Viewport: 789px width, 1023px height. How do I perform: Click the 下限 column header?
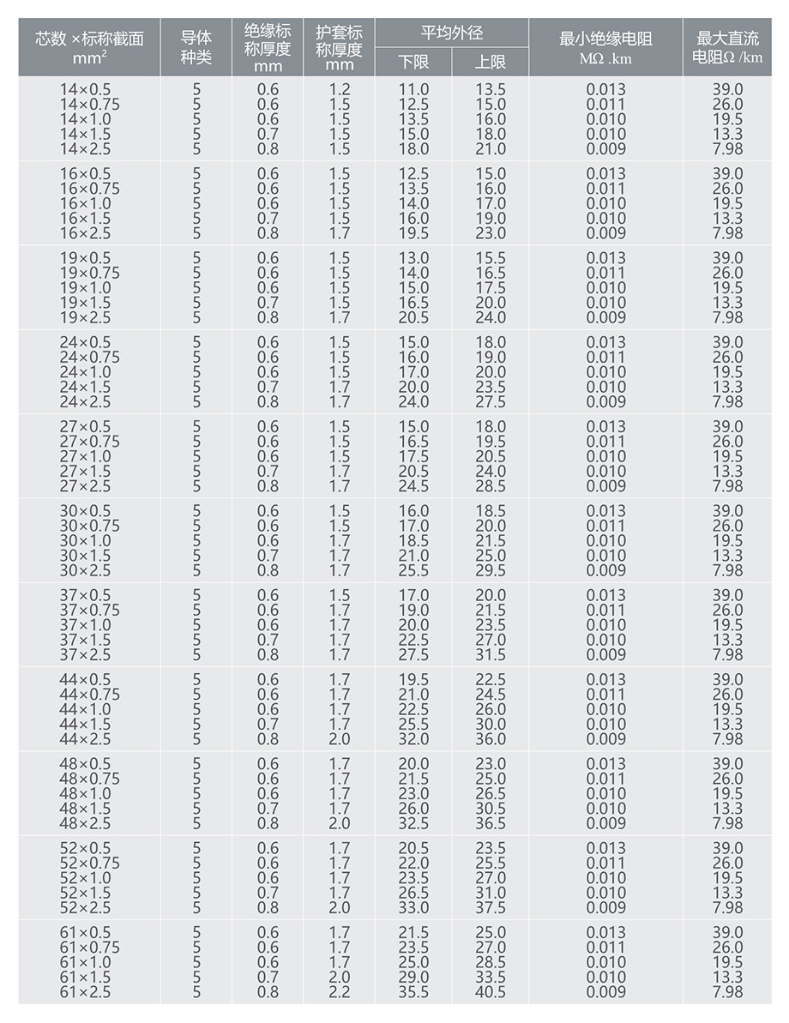(x=413, y=62)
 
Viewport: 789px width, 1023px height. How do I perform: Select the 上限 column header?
(x=490, y=62)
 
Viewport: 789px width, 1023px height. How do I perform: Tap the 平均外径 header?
(x=451, y=33)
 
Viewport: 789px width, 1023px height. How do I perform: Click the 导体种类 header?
(x=196, y=48)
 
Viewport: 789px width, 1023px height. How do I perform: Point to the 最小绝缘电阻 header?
(x=605, y=48)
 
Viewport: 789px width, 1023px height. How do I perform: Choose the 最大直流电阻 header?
(x=727, y=48)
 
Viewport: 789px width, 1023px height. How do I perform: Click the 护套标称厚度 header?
(x=339, y=48)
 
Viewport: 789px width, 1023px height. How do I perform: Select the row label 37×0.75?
(x=89, y=611)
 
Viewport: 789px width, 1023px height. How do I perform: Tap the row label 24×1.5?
(x=85, y=387)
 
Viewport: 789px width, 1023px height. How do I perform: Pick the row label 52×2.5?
(x=85, y=908)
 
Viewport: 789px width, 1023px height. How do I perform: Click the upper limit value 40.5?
(x=491, y=992)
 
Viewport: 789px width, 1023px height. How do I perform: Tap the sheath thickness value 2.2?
(x=339, y=992)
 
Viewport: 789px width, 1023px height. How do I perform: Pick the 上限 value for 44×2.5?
(x=491, y=739)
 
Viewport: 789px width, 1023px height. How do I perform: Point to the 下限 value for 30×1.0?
(x=413, y=541)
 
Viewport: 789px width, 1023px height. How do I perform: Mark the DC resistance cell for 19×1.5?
(x=727, y=303)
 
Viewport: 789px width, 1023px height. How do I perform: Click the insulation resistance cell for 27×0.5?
(x=605, y=427)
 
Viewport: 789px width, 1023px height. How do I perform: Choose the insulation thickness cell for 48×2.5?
(x=268, y=823)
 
